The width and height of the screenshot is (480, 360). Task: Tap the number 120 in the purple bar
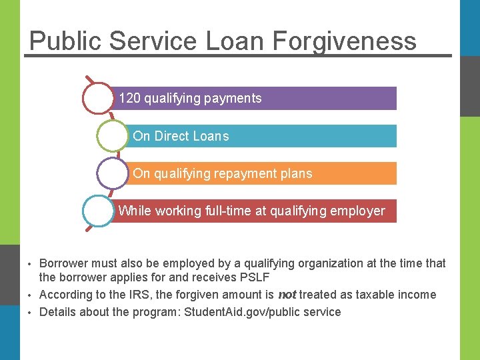pos(129,99)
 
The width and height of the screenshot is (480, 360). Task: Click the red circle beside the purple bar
pos(98,98)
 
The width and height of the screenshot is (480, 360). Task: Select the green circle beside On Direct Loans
pos(113,136)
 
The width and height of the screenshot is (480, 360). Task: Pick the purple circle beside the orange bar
pos(113,173)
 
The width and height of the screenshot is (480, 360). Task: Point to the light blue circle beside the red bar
pos(99,211)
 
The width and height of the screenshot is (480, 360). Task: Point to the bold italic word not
pos(287,295)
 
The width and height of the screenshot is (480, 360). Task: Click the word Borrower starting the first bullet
pos(65,263)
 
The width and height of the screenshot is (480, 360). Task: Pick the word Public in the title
pos(65,41)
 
